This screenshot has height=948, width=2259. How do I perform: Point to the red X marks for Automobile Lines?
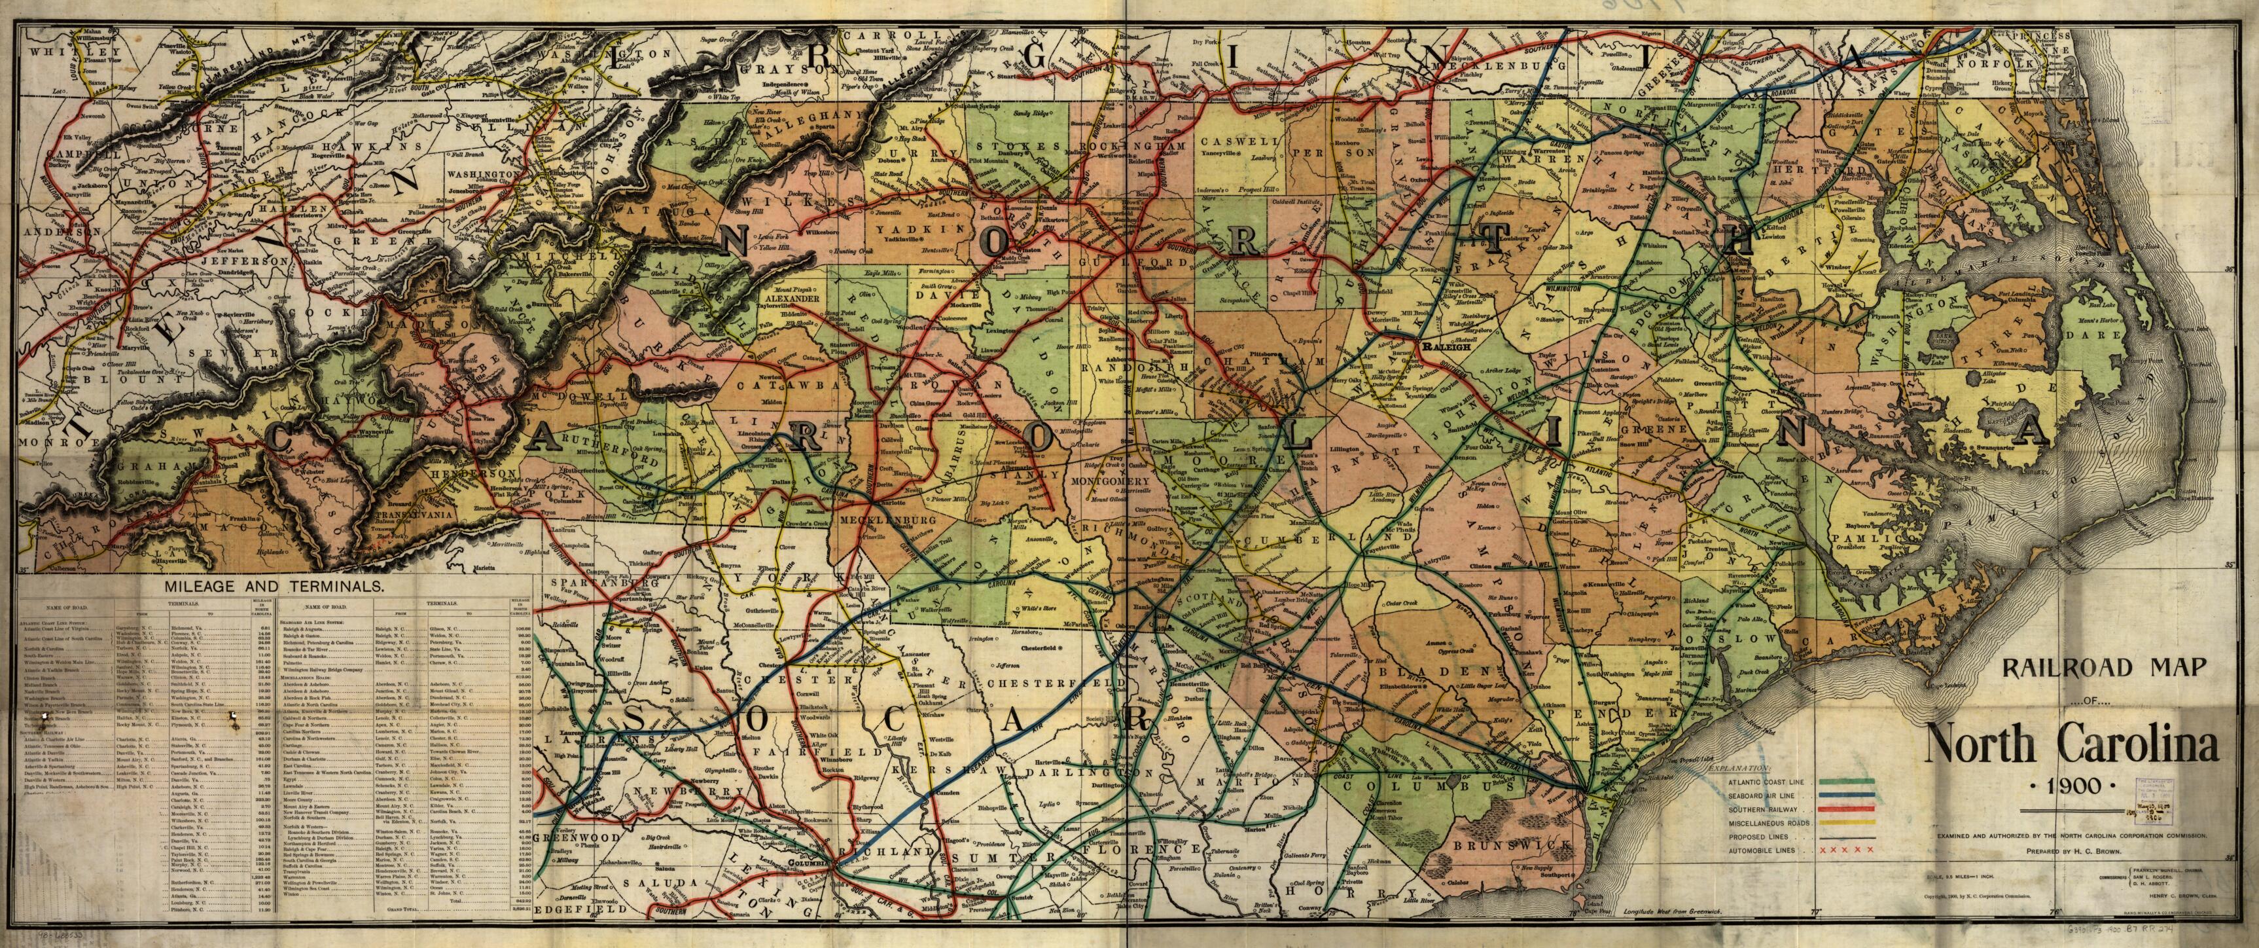click(x=1846, y=850)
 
